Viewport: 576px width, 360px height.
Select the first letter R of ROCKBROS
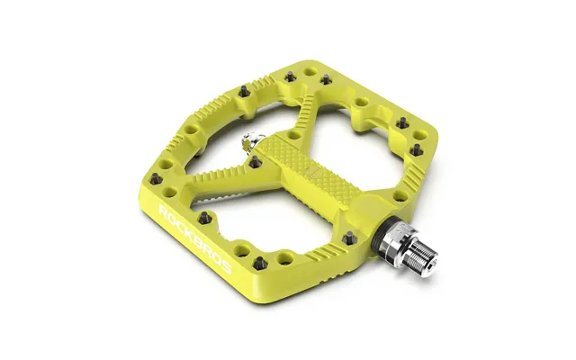coord(165,212)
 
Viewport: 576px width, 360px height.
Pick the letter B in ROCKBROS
coord(196,240)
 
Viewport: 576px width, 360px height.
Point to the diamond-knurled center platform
coord(309,164)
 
